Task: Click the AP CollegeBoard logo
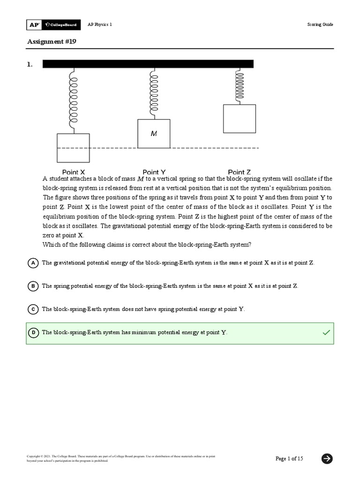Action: pyautogui.click(x=52, y=24)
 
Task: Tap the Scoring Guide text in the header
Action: pyautogui.click(x=321, y=24)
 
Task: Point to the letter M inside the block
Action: pyautogui.click(x=153, y=134)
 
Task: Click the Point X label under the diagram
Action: pyautogui.click(x=74, y=172)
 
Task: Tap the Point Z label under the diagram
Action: pyautogui.click(x=239, y=172)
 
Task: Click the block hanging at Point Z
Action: pyautogui.click(x=239, y=119)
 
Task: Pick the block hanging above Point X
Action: pyautogui.click(x=73, y=148)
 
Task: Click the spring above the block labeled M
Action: pyautogui.click(x=153, y=94)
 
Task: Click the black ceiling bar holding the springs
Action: pyautogui.click(x=148, y=64)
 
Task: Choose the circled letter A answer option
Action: pyautogui.click(x=33, y=263)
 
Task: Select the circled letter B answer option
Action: pyautogui.click(x=33, y=286)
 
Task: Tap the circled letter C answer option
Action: pyautogui.click(x=33, y=309)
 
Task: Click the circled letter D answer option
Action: pyautogui.click(x=33, y=332)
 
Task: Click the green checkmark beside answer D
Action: pyautogui.click(x=326, y=332)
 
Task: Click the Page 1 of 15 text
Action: pyautogui.click(x=289, y=458)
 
